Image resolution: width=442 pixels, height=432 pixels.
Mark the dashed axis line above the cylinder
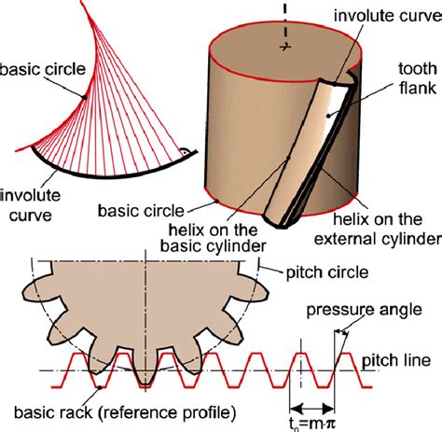(278, 14)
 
